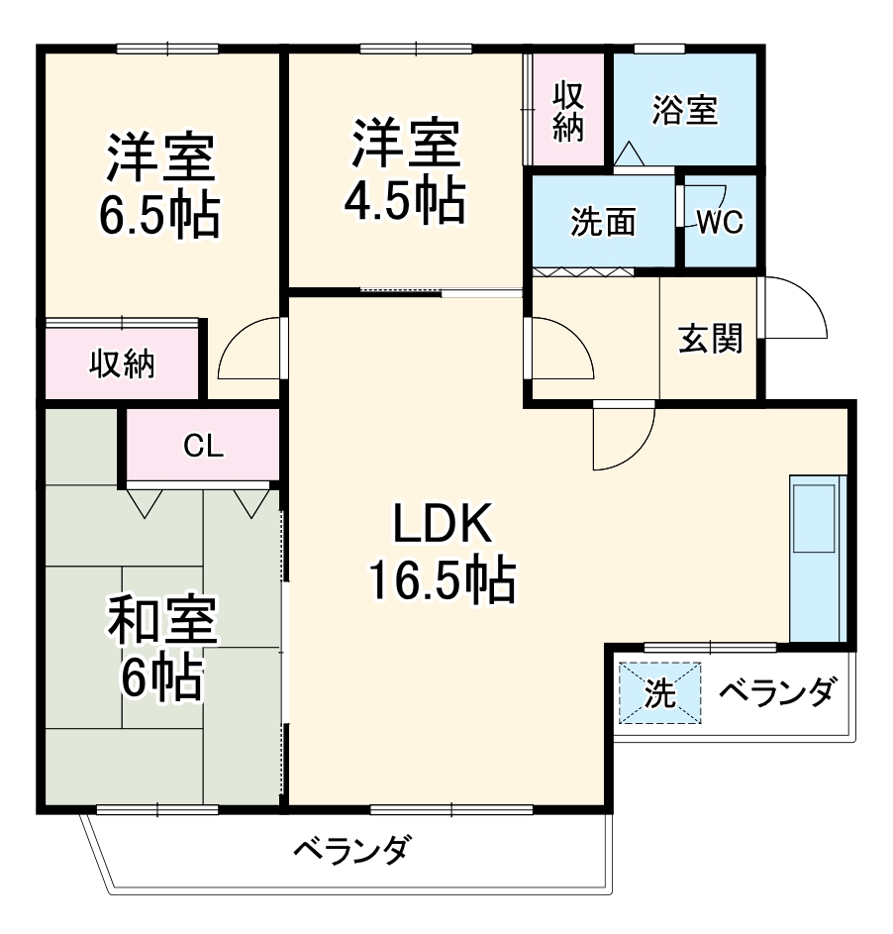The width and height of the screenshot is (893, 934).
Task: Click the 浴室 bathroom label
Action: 684,110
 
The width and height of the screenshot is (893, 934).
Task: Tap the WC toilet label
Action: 720,223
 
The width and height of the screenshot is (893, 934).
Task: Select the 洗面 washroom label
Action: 603,223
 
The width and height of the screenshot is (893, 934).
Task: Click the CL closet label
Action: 203,447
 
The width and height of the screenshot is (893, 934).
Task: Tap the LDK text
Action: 442,525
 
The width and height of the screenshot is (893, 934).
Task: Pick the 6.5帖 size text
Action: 158,214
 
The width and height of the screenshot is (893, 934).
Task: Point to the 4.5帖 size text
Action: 404,201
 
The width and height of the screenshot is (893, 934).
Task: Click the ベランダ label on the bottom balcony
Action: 349,850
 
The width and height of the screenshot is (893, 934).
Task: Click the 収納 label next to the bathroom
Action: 567,111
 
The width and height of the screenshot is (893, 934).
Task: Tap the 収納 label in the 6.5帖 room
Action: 123,363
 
